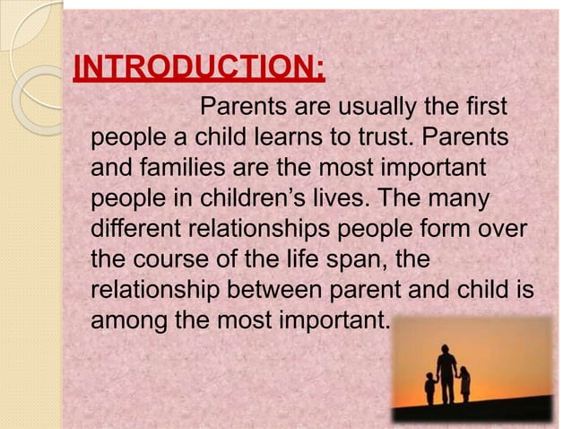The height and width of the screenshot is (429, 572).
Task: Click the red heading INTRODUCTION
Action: [198, 68]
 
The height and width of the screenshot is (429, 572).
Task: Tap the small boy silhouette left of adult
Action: [431, 388]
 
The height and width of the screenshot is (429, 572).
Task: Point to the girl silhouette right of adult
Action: [464, 383]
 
